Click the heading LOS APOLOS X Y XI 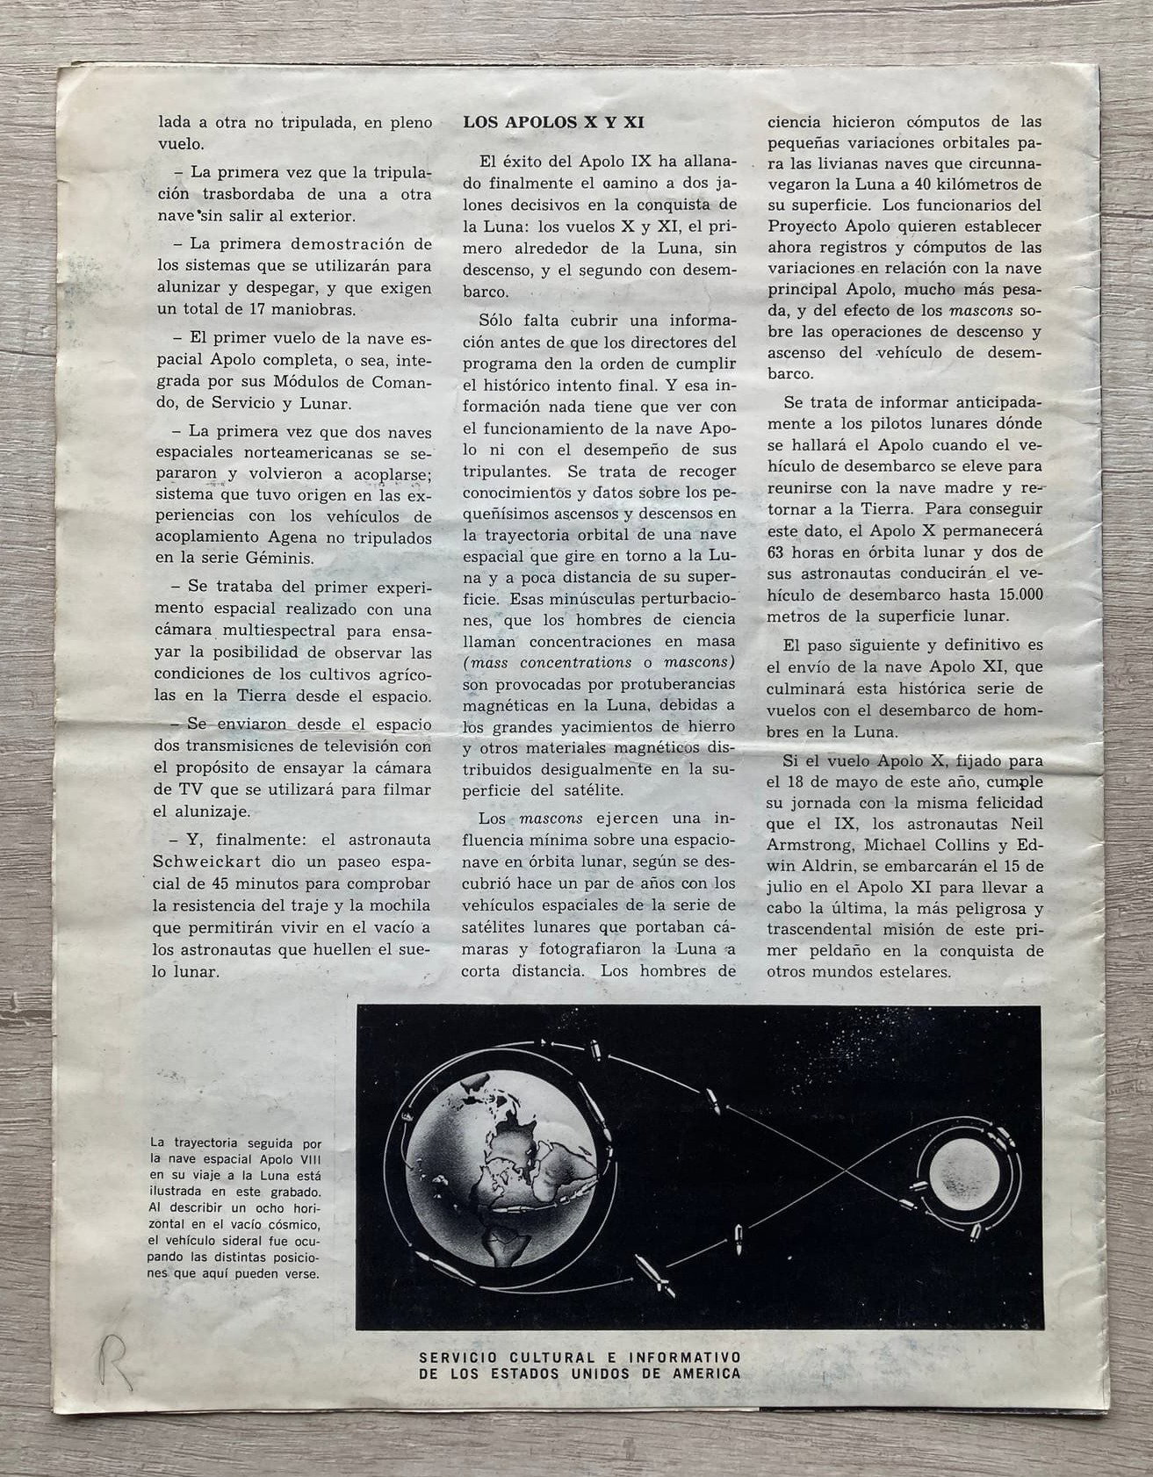(x=554, y=124)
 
